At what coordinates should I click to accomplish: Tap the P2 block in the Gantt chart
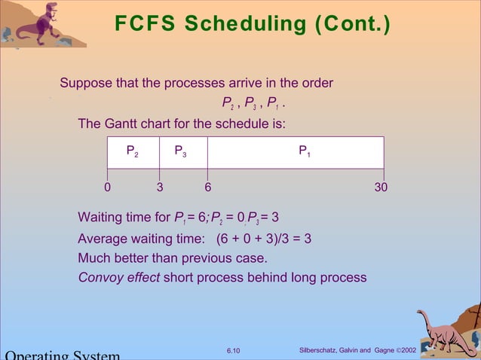point(133,152)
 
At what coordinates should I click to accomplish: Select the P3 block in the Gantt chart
point(182,152)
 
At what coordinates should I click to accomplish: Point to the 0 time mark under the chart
point(107,187)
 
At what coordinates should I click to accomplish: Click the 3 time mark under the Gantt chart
point(160,187)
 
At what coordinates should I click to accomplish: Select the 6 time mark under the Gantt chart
point(208,187)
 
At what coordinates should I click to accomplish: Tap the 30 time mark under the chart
point(381,187)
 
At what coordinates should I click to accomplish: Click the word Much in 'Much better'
point(93,258)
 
